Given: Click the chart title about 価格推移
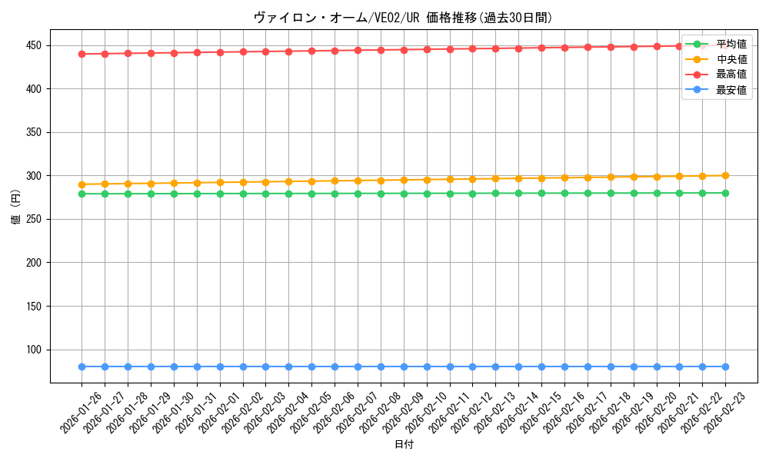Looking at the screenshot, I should [403, 18].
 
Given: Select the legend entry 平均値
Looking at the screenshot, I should [731, 45].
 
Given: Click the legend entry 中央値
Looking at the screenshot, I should [731, 59].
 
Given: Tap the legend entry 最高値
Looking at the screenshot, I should [731, 75].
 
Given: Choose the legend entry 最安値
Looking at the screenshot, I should [731, 89].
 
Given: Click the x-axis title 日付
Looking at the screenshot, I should [404, 445].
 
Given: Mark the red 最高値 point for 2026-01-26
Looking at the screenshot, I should [82, 54].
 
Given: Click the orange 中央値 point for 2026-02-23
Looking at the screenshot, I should [725, 176].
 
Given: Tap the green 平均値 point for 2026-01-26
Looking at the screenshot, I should [82, 194].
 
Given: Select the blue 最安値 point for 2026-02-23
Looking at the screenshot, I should [725, 366].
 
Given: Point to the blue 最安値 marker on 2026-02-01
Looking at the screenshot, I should [220, 366].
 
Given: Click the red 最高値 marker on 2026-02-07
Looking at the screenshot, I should [358, 51].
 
